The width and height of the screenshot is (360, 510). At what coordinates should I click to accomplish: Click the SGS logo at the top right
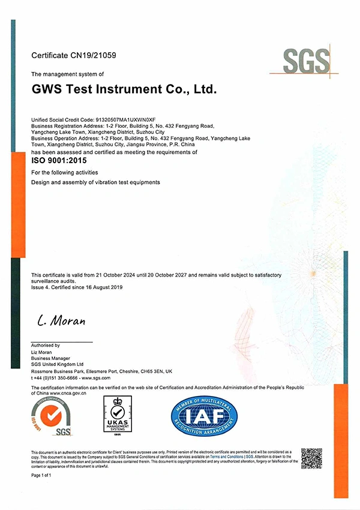pos(307,61)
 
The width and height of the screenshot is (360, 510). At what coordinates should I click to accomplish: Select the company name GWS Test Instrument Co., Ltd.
pos(124,89)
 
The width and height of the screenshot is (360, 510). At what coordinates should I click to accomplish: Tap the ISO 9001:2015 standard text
pos(59,160)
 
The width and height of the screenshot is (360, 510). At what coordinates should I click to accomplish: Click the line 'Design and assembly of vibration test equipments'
pos(95,182)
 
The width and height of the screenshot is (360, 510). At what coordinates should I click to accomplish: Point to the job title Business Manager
pos(50,358)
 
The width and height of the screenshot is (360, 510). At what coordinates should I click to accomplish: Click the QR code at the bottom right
pos(311,458)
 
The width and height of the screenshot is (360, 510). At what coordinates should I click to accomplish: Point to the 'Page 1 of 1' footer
pos(41,475)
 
